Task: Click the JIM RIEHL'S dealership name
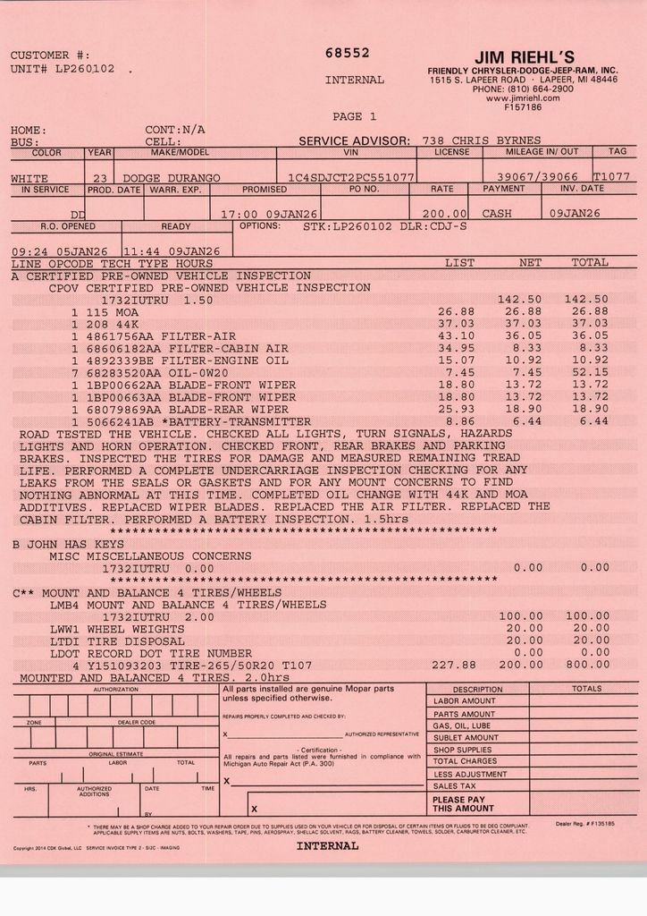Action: click(524, 58)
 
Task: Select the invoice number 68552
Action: click(348, 54)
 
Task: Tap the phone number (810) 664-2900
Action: click(535, 89)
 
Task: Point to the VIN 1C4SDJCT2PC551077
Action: click(351, 178)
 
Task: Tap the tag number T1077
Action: click(611, 177)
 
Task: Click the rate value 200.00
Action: click(446, 214)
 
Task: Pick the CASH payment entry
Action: click(497, 214)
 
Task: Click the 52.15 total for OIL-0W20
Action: click(590, 372)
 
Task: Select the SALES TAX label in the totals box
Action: click(455, 785)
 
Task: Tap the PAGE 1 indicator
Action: click(354, 116)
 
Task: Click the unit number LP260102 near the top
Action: click(85, 68)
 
